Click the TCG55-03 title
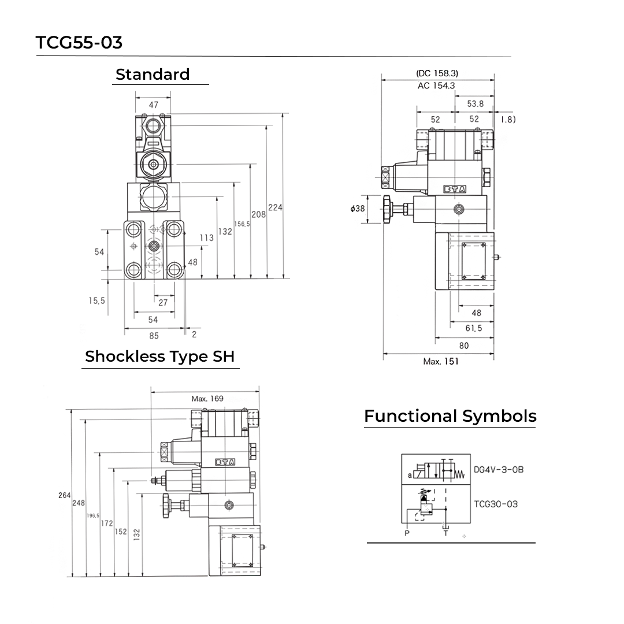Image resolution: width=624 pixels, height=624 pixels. coord(79,43)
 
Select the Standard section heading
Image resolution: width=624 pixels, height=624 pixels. coord(153,75)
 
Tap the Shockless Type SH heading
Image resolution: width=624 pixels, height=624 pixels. coord(159,356)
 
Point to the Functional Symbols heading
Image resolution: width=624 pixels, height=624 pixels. coord(450,416)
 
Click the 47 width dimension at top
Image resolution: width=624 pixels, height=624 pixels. coord(153,105)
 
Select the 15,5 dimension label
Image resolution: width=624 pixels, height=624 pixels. coord(96,300)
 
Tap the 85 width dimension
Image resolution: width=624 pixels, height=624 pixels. coord(153,336)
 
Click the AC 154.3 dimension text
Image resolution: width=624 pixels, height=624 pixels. coord(436,86)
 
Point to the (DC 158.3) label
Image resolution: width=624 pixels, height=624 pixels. coord(437,73)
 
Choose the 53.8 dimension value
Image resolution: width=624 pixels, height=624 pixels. coord(475,104)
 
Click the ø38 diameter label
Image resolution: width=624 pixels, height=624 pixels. coord(358,209)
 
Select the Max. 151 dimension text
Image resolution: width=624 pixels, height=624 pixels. coord(441,362)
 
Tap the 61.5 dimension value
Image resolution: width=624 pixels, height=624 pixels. coord(473,328)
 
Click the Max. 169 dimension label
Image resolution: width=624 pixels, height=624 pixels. coord(207,399)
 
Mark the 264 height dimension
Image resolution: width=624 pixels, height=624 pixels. coord(64,495)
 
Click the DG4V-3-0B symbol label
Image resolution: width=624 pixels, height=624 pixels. coord(499,470)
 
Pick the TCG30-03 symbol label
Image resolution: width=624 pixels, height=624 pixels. coord(496,504)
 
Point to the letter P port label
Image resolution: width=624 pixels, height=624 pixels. coord(407,533)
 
